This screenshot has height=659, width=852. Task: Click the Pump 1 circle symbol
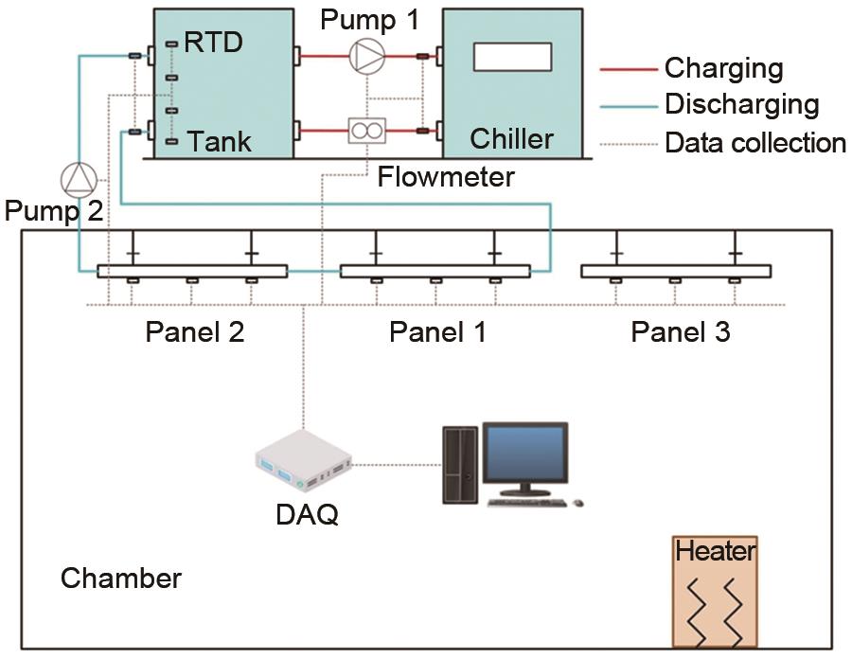[365, 56]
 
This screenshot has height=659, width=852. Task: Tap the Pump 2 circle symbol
[78, 178]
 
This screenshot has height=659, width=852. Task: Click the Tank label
[220, 142]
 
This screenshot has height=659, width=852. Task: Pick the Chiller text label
[511, 139]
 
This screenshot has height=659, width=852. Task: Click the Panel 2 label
[195, 332]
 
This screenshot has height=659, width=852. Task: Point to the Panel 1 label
[437, 332]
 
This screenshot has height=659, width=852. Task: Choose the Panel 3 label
[681, 332]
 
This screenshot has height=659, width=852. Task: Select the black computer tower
[460, 463]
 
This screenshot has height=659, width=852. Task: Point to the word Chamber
[121, 578]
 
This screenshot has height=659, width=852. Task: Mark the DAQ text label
[304, 516]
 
